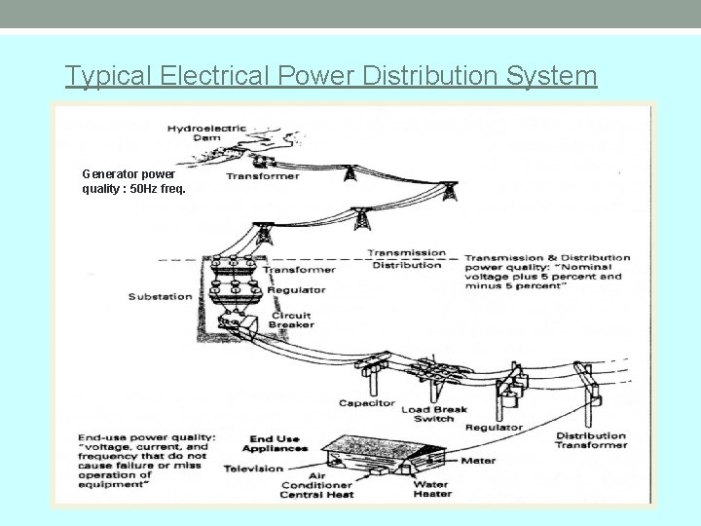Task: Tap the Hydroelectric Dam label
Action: click(207, 132)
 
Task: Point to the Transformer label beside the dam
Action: click(256, 176)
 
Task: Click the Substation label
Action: click(160, 296)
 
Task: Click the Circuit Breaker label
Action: click(292, 319)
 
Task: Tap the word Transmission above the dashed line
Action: click(406, 253)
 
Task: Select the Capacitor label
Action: click(367, 402)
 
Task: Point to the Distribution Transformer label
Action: click(591, 440)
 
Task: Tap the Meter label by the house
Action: click(478, 461)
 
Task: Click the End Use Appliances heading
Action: click(278, 444)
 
